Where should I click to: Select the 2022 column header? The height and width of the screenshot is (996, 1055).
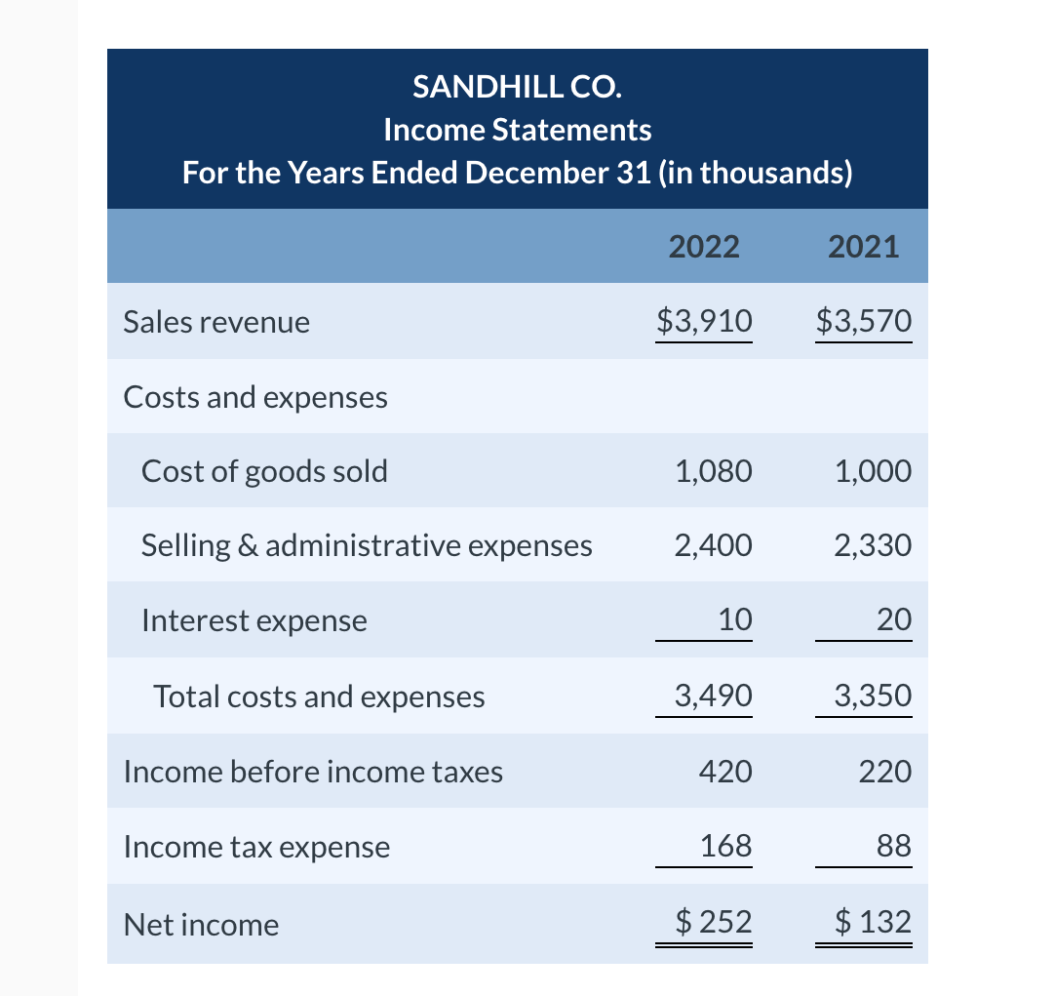coord(704,246)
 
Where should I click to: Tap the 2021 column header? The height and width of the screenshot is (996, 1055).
coord(863,246)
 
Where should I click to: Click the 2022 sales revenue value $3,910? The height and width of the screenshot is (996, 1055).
coord(704,320)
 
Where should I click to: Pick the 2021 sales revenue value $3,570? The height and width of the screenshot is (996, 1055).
coord(864,320)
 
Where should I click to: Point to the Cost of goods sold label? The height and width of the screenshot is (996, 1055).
coord(264,471)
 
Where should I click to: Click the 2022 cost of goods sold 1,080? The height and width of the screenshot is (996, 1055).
coord(713,471)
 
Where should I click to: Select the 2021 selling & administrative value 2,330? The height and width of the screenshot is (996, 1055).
coord(873,545)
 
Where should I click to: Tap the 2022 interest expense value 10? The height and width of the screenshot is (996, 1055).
coord(734,619)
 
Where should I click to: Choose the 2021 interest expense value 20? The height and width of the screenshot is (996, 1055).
coord(894,619)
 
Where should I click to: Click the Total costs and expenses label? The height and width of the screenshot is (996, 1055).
coord(319,696)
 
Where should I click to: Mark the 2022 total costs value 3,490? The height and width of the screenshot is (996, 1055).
coord(713,696)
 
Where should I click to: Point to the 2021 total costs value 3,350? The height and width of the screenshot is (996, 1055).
coord(873,696)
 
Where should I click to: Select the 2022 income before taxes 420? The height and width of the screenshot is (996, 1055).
coord(725,772)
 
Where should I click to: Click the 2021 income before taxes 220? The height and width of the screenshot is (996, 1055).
coord(885,772)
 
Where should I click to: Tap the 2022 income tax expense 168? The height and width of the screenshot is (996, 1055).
coord(726,846)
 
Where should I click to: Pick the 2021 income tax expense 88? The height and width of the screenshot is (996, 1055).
coord(894,846)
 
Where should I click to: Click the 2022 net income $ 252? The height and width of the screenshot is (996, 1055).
coord(714,922)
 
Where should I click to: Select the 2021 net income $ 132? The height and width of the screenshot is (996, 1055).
coord(874,922)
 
